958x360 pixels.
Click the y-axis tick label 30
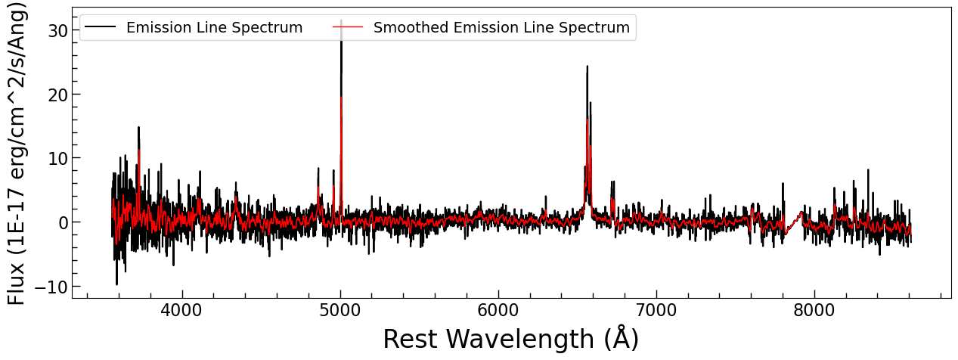(57, 30)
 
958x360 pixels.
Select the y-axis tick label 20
(57, 95)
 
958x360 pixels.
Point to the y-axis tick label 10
(57, 158)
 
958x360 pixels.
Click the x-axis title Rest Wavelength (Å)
(510, 340)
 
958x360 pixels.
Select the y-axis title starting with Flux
(17, 154)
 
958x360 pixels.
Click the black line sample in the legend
(100, 28)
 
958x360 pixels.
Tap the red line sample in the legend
(347, 28)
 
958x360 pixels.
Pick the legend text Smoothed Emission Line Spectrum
(501, 28)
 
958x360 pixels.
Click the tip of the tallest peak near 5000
(341, 21)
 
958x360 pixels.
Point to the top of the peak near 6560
(587, 67)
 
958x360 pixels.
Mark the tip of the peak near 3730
(138, 128)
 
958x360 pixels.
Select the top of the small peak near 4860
(318, 169)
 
